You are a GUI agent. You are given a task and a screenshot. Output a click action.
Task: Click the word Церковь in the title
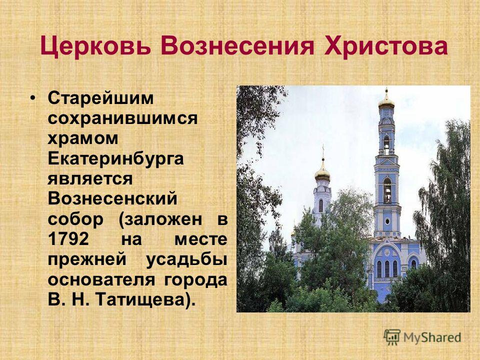tap(95, 45)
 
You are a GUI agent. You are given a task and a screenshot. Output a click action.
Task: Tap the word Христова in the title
tap(386, 45)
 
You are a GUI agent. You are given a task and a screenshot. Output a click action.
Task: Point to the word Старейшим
tap(100, 98)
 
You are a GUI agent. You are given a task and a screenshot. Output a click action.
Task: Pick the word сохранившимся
tap(122, 118)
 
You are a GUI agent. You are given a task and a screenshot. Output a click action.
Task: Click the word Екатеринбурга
tap(115, 158)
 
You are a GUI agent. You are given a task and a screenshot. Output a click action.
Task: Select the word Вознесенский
tap(112, 198)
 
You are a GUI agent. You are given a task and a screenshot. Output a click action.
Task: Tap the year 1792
tap(68, 239)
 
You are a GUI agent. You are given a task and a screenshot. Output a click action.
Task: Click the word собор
tap(75, 218)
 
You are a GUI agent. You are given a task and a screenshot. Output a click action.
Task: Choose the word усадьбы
tap(186, 259)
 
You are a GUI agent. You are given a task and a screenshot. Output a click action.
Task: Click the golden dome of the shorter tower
tap(322, 173)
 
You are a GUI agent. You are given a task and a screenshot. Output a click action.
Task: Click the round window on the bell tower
tap(387, 220)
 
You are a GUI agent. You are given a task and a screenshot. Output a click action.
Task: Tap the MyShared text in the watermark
tap(432, 337)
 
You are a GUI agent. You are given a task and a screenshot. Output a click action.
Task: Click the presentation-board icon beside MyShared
tap(392, 337)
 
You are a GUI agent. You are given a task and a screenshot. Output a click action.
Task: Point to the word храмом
tap(83, 138)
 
